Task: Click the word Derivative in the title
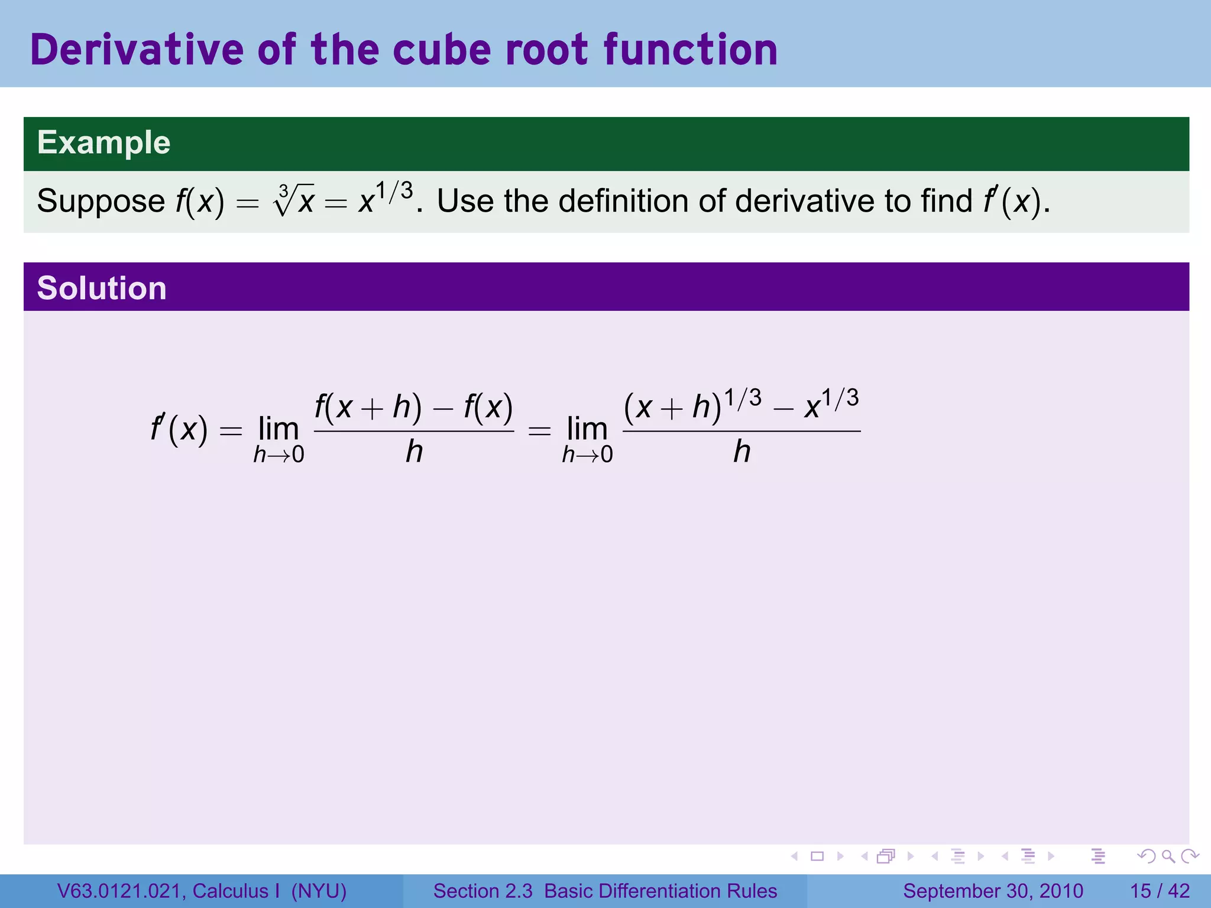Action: (137, 50)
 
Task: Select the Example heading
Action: (103, 143)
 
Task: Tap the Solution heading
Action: (102, 288)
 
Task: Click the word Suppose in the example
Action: (101, 202)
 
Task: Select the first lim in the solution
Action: (279, 429)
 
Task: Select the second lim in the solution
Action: (587, 429)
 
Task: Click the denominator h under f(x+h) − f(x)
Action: (414, 452)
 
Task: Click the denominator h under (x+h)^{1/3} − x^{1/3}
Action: (742, 452)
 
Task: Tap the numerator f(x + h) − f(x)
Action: (413, 408)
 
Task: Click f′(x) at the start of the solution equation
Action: (179, 429)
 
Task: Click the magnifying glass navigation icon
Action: (1168, 856)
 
